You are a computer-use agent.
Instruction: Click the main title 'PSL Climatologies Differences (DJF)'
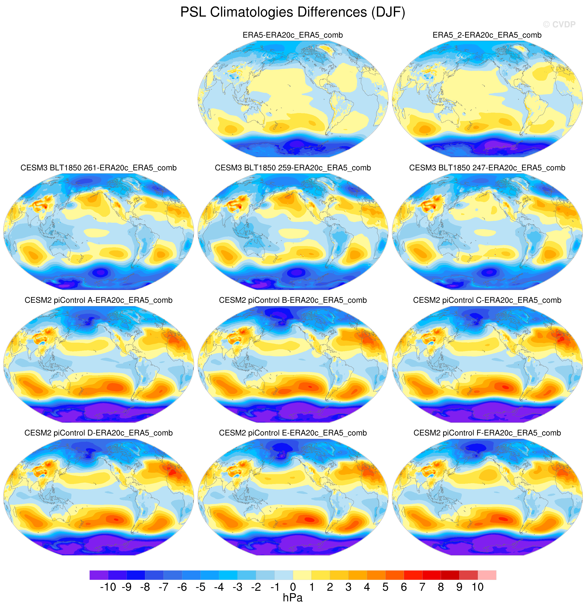[293, 12]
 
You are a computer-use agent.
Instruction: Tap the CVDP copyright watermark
[559, 25]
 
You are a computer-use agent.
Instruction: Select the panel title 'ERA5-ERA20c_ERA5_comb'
[293, 35]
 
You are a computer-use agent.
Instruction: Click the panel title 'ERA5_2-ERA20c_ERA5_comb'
[487, 35]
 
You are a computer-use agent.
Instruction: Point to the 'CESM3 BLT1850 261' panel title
[98, 168]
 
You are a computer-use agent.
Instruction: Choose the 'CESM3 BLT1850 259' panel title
[293, 168]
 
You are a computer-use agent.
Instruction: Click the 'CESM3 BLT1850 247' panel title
[487, 168]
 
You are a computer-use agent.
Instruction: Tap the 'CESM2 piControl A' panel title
[98, 300]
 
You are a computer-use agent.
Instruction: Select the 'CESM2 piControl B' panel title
[293, 300]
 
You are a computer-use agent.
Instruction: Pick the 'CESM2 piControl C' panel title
[487, 300]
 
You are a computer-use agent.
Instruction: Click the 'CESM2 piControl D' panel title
[98, 433]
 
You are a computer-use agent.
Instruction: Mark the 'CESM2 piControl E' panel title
[293, 433]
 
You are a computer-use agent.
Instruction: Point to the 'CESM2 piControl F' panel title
[487, 433]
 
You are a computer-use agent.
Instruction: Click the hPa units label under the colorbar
[293, 598]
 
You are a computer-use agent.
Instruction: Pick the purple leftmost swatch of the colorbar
[99, 575]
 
